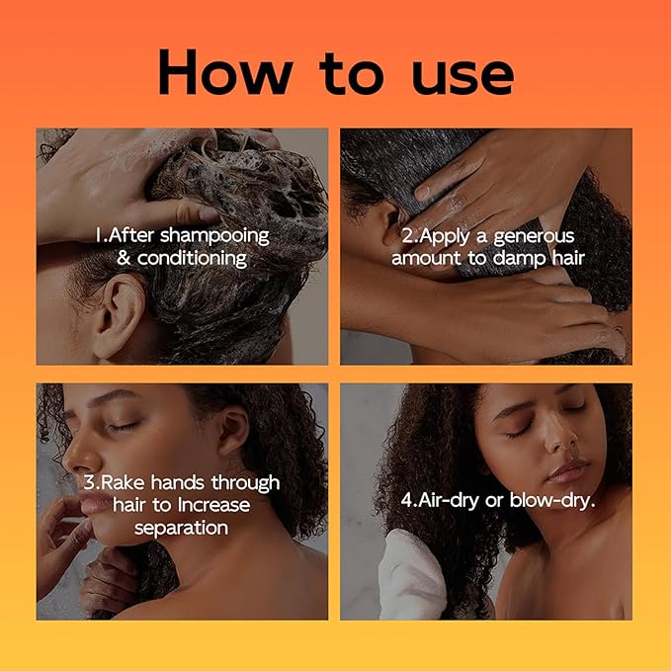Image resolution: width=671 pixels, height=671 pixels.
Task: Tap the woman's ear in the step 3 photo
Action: pos(233,435)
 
